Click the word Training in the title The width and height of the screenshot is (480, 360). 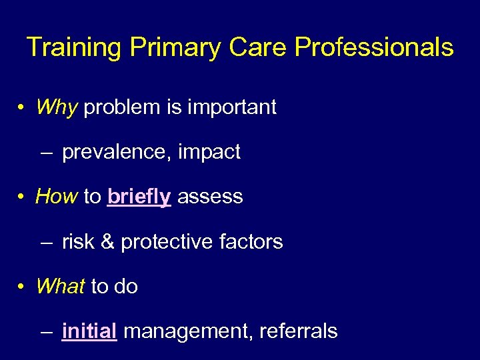coord(73,48)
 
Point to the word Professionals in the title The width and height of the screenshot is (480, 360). coord(374,48)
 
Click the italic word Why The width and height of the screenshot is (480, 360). coord(57,107)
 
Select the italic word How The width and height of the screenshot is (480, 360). coord(57,197)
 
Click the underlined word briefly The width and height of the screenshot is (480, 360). coord(139,197)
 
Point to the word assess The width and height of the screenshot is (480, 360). coord(210,197)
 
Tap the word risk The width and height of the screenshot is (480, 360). coord(77,242)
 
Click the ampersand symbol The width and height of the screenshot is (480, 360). coord(105,242)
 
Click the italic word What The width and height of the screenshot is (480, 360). coord(60,287)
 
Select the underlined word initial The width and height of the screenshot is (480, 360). coord(89,331)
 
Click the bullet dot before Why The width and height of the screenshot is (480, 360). coord(22,108)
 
